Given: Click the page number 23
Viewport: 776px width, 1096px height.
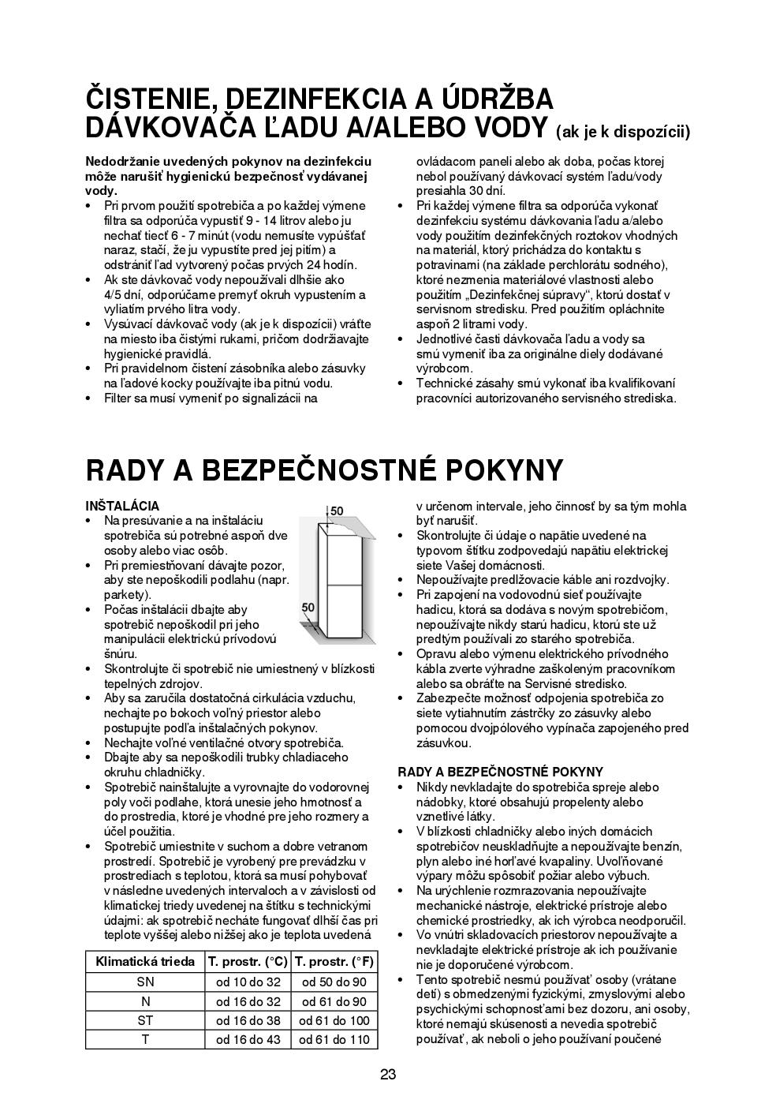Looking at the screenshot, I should [x=387, y=1073].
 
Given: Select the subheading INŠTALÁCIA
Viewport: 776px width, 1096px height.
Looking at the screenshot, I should [x=122, y=506].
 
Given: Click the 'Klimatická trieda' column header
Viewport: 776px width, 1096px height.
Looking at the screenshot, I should [x=145, y=961].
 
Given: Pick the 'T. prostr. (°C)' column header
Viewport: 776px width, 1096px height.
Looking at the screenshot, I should [x=248, y=961].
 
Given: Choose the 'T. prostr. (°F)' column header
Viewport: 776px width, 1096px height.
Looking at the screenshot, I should [x=334, y=961].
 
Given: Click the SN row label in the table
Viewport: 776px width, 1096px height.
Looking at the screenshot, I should [x=145, y=982].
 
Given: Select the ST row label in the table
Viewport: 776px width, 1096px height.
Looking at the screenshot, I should [x=145, y=1020].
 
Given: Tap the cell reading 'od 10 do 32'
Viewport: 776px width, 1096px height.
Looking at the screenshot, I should [x=248, y=982].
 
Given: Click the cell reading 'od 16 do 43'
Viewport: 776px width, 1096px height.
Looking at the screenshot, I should [x=248, y=1039].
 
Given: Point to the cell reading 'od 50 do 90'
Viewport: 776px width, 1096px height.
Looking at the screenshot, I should [x=334, y=982].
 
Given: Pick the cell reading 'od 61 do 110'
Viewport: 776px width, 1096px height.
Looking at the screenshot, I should [x=334, y=1039].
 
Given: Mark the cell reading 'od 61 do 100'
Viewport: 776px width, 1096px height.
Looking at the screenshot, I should [x=334, y=1020].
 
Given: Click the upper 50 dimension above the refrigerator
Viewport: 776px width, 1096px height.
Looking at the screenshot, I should [x=337, y=511].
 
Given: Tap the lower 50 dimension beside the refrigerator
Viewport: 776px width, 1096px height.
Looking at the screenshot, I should [x=308, y=608].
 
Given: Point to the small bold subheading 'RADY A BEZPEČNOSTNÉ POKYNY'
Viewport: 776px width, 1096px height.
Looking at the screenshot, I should [x=500, y=772].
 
